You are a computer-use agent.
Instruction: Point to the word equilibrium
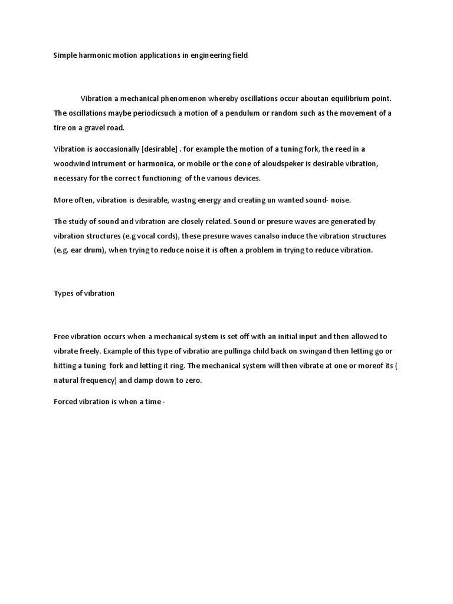tap(339, 98)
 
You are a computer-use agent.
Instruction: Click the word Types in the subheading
tap(64, 293)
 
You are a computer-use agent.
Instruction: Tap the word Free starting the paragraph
tap(61, 337)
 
